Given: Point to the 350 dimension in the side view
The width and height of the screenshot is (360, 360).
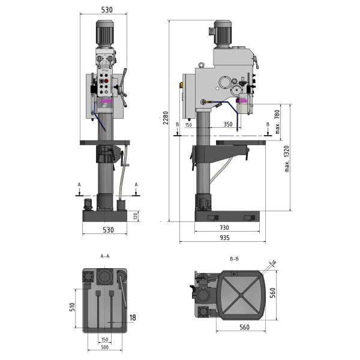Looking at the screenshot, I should click(x=228, y=125).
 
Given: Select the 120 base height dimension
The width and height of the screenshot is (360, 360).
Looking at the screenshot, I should click(x=136, y=216).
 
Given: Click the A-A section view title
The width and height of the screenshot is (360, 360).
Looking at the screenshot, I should click(x=104, y=256).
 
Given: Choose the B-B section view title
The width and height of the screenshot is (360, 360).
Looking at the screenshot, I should click(x=234, y=259).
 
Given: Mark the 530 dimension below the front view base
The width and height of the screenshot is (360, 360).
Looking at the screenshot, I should click(x=107, y=229).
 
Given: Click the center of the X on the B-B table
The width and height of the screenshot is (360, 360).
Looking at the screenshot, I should click(x=240, y=295).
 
